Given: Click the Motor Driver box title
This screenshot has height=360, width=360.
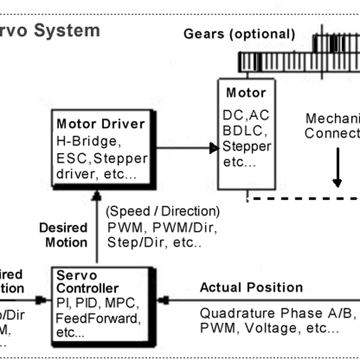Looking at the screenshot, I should click(x=100, y=124).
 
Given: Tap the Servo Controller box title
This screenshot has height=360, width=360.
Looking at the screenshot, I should click(x=87, y=282).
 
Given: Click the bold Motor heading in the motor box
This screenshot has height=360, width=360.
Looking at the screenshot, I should click(x=245, y=93).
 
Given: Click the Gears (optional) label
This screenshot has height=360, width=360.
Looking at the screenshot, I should click(x=239, y=34).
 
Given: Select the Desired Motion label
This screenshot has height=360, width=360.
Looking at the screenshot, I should click(x=63, y=235).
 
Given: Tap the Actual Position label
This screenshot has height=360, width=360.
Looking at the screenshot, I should click(x=251, y=287).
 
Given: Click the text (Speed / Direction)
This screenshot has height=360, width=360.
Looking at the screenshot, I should click(x=163, y=212).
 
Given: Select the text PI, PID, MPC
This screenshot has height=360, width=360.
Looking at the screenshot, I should click(x=98, y=303).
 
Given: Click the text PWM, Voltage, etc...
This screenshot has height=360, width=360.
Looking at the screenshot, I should click(x=269, y=328).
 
